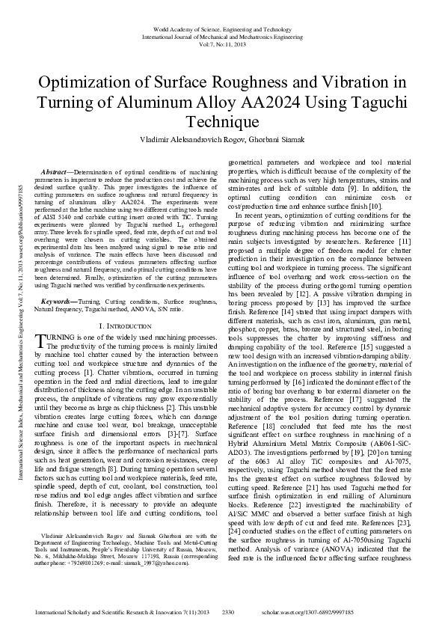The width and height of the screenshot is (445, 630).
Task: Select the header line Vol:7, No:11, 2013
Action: point(222,44)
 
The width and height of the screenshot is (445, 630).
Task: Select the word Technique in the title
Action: point(222,121)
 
